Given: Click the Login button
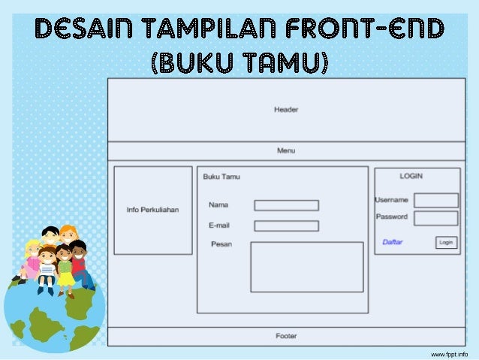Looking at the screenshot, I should click(x=446, y=242).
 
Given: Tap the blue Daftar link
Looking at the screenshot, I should click(x=392, y=242).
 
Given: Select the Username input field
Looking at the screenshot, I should click(x=435, y=200).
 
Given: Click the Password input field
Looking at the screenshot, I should click(x=435, y=218).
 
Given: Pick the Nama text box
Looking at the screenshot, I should click(x=286, y=205).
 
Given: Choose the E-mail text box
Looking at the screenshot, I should click(x=286, y=225).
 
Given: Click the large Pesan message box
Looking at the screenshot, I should click(x=306, y=267).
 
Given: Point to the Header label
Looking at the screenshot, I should click(x=286, y=110).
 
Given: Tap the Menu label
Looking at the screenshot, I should click(x=286, y=151).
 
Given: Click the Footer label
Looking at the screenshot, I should click(x=286, y=336).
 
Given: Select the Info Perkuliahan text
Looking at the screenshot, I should click(x=152, y=210).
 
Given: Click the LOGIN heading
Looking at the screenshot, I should click(x=411, y=176).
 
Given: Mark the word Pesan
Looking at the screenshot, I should click(x=221, y=244).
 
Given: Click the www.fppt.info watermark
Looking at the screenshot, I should click(x=449, y=352).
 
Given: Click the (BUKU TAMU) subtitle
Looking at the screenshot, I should click(x=240, y=63).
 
